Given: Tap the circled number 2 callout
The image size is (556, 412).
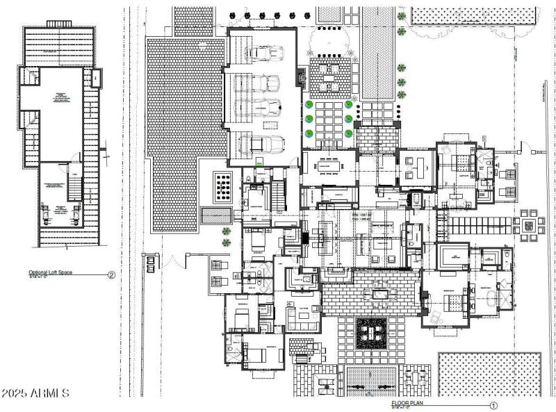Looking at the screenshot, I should [x=111, y=274].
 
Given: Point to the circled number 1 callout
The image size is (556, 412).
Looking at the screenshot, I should [x=493, y=405].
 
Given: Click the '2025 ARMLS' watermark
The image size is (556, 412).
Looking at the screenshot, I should [x=35, y=393].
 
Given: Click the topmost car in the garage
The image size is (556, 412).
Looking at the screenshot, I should [x=264, y=53].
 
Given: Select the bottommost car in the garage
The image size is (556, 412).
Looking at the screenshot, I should [x=262, y=144].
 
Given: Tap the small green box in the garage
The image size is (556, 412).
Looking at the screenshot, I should [x=259, y=163].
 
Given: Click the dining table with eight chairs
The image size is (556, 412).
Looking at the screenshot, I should [x=328, y=167].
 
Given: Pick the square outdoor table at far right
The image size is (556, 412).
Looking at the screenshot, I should [x=528, y=225].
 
